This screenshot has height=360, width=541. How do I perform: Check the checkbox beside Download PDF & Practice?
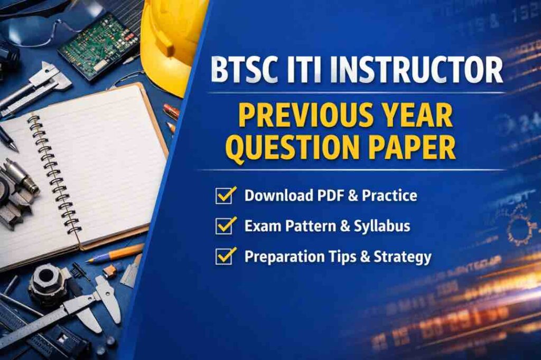pos(226,195)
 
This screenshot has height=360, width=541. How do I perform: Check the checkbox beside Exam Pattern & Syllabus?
pos(226,226)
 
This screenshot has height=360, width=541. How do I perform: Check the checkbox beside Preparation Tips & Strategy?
pos(226,257)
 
